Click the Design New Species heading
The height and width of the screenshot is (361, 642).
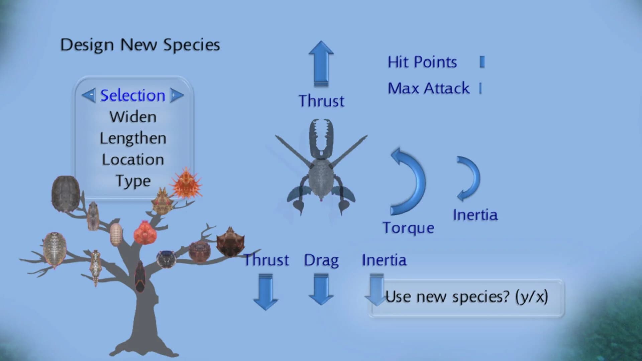click(140, 45)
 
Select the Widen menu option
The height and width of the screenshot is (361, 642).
click(133, 117)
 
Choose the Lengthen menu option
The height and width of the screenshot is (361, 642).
click(133, 138)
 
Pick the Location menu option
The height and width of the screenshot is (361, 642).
click(133, 160)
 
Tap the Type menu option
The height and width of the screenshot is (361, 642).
click(133, 181)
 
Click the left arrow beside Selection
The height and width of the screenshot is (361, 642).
click(89, 96)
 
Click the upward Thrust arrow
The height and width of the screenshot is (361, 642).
click(321, 64)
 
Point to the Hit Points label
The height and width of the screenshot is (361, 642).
click(422, 62)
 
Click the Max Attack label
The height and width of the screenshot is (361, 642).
click(429, 89)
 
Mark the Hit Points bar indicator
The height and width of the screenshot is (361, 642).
click(482, 62)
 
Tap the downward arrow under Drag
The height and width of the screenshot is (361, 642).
click(321, 289)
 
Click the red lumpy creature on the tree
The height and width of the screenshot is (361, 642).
click(145, 233)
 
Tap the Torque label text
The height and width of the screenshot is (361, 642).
click(408, 228)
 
